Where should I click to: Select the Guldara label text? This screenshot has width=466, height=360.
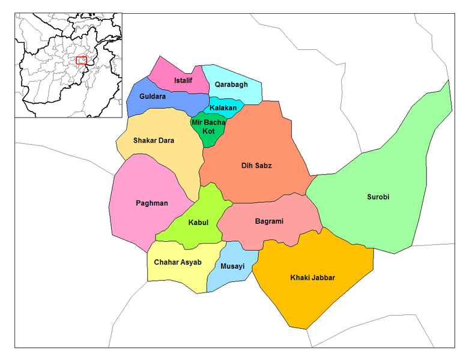tap(153, 96)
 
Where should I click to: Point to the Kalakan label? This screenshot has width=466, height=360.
tap(223, 108)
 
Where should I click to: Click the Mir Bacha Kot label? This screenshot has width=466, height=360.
tap(208, 127)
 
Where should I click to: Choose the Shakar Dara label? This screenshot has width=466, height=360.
tap(154, 141)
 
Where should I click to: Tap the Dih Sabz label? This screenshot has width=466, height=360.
tap(256, 165)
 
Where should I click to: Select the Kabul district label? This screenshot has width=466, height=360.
tap(198, 222)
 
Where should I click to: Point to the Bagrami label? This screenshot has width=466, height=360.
tap(268, 221)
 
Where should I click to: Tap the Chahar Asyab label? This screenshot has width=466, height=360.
tap(177, 262)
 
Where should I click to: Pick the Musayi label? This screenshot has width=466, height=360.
tap(232, 266)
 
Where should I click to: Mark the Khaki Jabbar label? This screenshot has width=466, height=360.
tap(313, 277)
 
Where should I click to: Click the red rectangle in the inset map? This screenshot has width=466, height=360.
tap(82, 61)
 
